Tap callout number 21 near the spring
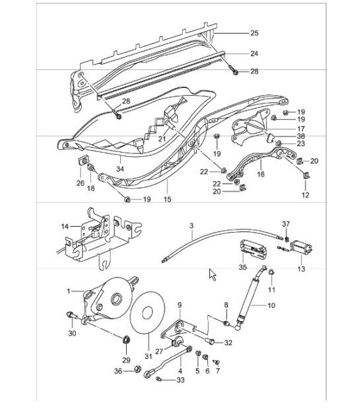[x=161, y=139]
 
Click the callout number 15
[x=167, y=199]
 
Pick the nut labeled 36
[x=136, y=370]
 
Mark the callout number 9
[x=179, y=304]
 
